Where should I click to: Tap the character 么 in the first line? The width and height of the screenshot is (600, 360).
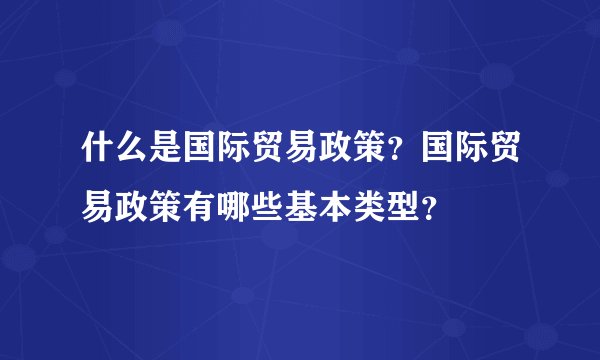[x=131, y=153]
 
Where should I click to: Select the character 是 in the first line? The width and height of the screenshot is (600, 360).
[x=165, y=153]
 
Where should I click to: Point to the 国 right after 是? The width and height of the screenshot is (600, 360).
[x=199, y=153]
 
